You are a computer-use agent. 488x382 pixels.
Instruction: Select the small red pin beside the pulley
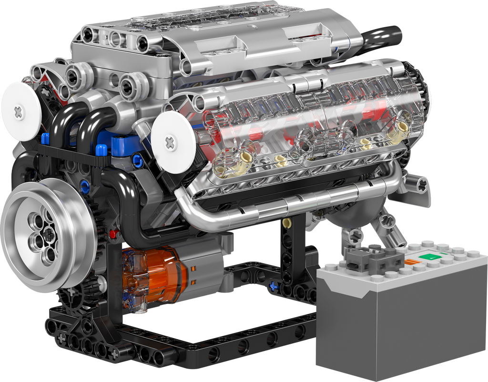112,234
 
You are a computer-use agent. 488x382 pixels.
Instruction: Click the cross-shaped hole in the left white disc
19,113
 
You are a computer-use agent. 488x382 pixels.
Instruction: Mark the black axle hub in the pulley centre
49,233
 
